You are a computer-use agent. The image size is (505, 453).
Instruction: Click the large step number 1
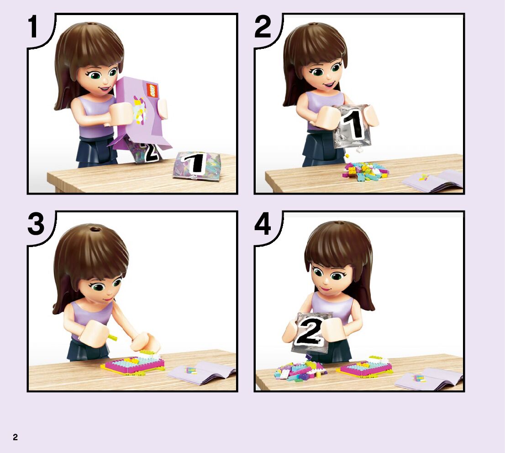pos(33,27)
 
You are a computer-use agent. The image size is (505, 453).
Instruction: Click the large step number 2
pos(263,27)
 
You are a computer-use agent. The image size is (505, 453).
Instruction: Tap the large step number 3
pos(36,224)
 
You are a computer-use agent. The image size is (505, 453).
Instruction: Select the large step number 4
pos(263,224)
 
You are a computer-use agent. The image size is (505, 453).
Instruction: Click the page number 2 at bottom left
pos(15,437)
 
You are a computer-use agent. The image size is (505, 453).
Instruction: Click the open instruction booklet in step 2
pos(432,180)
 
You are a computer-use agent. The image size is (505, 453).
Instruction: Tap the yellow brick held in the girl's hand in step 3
pos(112,337)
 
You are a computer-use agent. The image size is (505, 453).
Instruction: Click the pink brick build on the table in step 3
pos(133,365)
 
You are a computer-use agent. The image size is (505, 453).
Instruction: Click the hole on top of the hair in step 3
pos(95,229)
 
